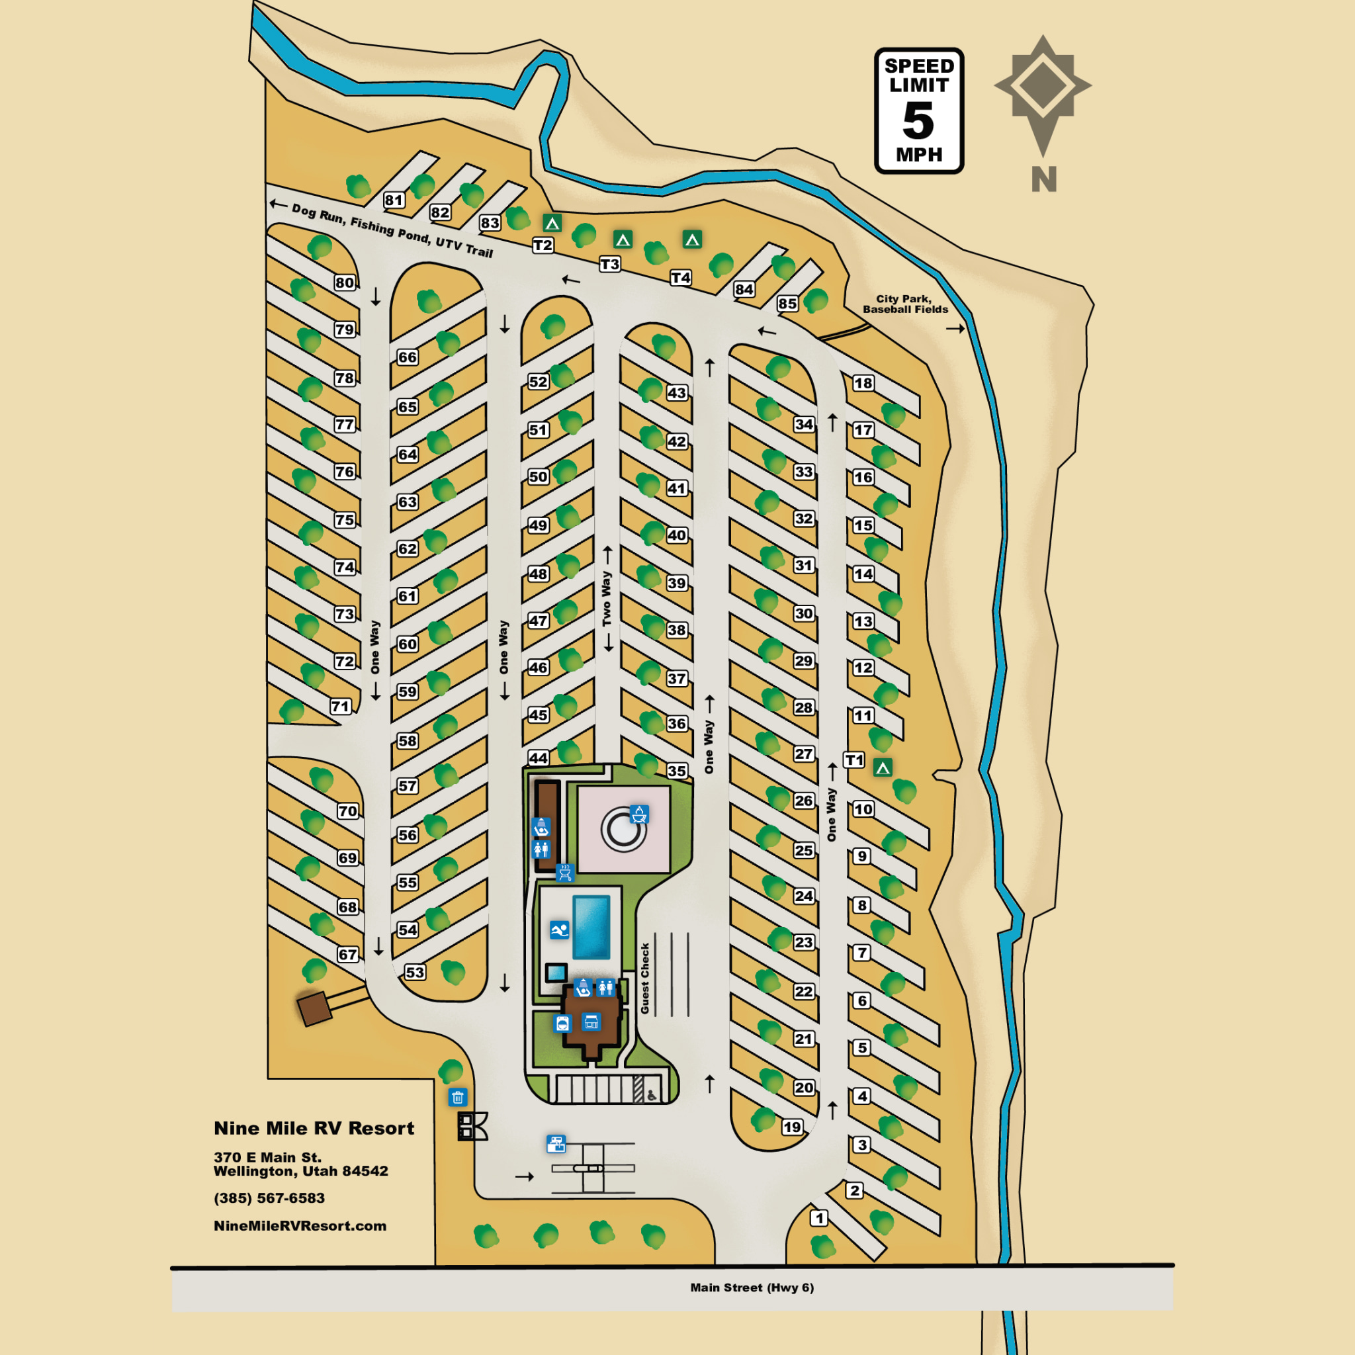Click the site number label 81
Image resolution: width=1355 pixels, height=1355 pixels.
click(394, 200)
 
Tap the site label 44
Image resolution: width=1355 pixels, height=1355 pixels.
click(538, 758)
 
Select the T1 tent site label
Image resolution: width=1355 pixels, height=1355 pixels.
click(853, 760)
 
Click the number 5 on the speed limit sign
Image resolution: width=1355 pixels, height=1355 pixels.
click(918, 120)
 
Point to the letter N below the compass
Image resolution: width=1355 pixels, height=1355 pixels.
click(1043, 179)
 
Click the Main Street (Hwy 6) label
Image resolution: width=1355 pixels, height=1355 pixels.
click(752, 1287)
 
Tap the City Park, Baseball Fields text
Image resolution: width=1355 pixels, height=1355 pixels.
click(904, 304)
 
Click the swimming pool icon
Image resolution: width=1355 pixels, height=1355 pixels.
click(559, 930)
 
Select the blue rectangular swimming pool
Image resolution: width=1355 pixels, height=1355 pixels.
click(591, 927)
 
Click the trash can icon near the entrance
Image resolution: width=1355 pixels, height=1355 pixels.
click(457, 1098)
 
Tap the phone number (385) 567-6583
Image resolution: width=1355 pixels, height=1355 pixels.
click(269, 1198)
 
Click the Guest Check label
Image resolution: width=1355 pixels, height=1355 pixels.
click(645, 978)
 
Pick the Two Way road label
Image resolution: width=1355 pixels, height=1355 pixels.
click(607, 598)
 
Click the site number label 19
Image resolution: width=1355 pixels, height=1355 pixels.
click(792, 1127)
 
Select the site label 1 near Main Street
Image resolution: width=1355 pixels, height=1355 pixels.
click(818, 1218)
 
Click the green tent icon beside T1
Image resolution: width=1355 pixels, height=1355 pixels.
click(883, 768)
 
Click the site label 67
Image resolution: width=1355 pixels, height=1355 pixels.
click(348, 955)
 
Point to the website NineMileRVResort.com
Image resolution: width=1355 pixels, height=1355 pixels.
click(300, 1226)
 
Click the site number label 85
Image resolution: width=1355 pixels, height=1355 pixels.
click(787, 304)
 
